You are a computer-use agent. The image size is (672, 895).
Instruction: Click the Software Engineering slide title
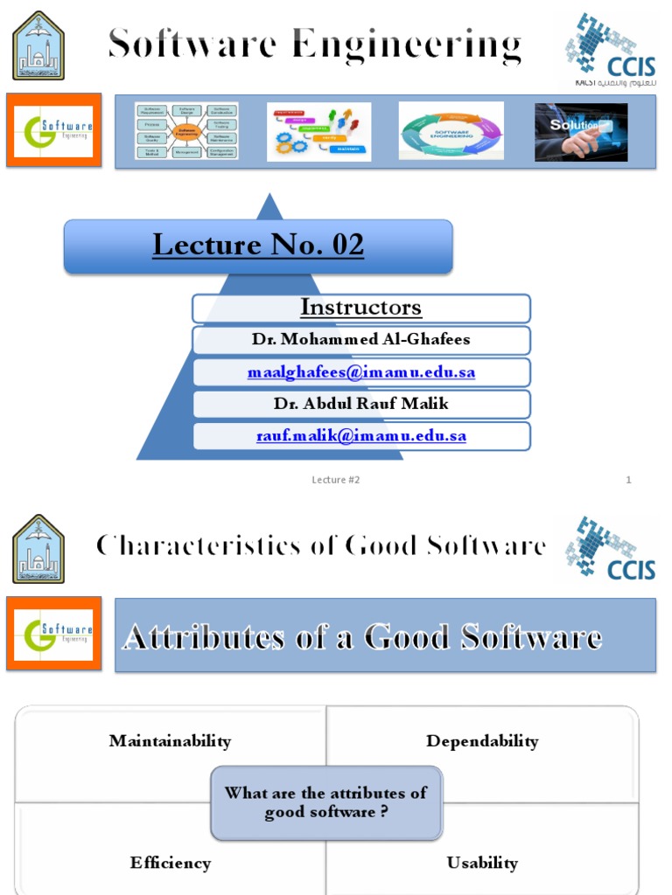[x=315, y=45]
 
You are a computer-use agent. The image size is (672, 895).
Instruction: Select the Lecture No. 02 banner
[x=258, y=246]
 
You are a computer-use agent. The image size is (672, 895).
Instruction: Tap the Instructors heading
[x=360, y=308]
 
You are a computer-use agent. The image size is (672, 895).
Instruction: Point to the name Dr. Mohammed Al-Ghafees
[x=360, y=340]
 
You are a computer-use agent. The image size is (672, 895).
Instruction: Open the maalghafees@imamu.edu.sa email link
[x=360, y=372]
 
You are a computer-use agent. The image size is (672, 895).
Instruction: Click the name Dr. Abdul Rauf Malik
[x=360, y=404]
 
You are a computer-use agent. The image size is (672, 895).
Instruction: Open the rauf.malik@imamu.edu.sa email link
[x=360, y=435]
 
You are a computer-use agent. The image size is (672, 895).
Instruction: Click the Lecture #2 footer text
[x=336, y=480]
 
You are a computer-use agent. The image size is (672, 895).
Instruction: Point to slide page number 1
[x=628, y=480]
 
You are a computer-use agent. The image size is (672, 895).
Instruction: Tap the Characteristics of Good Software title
[x=321, y=546]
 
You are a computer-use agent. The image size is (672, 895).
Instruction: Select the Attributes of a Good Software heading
[x=361, y=636]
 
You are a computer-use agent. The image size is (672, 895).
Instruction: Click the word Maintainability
[x=170, y=741]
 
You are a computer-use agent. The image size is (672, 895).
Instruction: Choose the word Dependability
[x=482, y=741]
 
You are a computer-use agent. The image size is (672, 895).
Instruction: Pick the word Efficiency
[x=170, y=863]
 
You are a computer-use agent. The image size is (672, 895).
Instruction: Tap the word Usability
[x=482, y=863]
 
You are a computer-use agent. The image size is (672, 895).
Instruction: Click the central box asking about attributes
[x=325, y=802]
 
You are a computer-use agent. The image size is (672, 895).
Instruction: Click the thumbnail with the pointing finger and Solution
[x=581, y=132]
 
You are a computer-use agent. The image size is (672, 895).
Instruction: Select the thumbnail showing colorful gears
[x=318, y=132]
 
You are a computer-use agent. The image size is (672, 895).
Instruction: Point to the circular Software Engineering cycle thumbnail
[x=451, y=132]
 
